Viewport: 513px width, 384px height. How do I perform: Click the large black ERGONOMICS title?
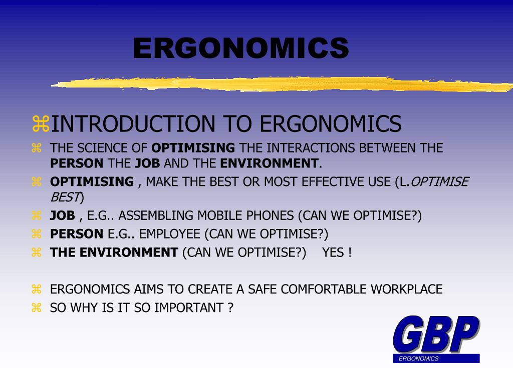pyautogui.click(x=240, y=48)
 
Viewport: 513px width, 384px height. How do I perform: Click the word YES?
pyautogui.click(x=333, y=252)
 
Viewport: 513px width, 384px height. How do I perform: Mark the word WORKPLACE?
pyautogui.click(x=406, y=289)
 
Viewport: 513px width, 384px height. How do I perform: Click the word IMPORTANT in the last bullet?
pyautogui.click(x=188, y=307)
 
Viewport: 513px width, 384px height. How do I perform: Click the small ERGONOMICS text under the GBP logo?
pyautogui.click(x=419, y=358)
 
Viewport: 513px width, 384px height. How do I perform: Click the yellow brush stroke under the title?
pyautogui.click(x=281, y=83)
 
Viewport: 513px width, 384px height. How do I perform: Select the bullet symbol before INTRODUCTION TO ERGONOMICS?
pyautogui.click(x=41, y=124)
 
